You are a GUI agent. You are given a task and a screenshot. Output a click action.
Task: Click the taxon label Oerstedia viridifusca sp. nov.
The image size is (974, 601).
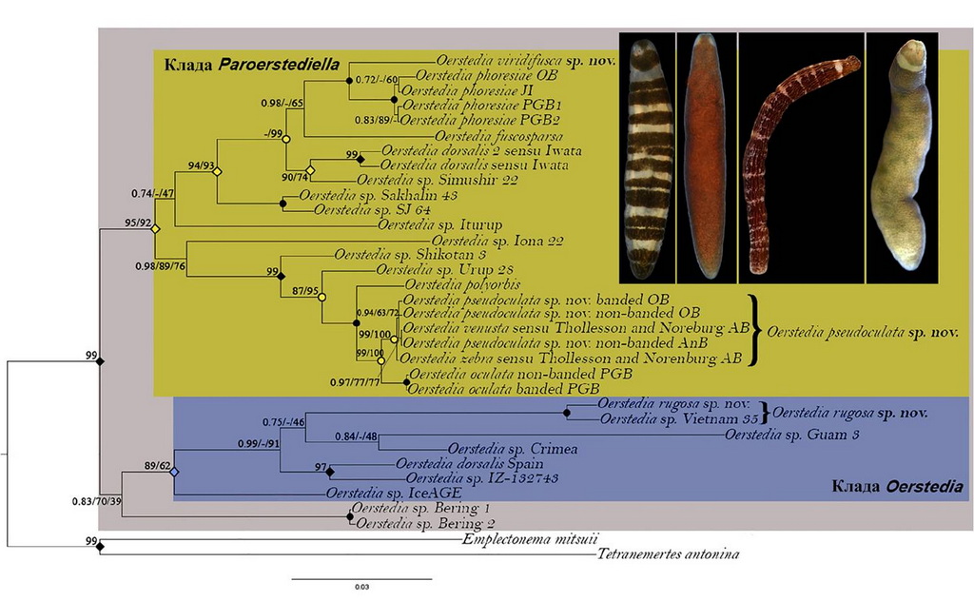coord(524,58)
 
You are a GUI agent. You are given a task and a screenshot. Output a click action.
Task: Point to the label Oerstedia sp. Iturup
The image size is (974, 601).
coord(430,224)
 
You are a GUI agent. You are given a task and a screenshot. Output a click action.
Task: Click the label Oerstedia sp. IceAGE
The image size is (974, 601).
coord(393,493)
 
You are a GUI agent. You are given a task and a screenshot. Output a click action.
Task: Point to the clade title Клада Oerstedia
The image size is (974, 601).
coord(896,488)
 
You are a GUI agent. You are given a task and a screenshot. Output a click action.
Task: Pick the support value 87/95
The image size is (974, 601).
coord(307,289)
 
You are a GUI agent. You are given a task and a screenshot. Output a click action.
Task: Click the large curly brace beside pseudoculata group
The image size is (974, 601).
coord(755,330)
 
